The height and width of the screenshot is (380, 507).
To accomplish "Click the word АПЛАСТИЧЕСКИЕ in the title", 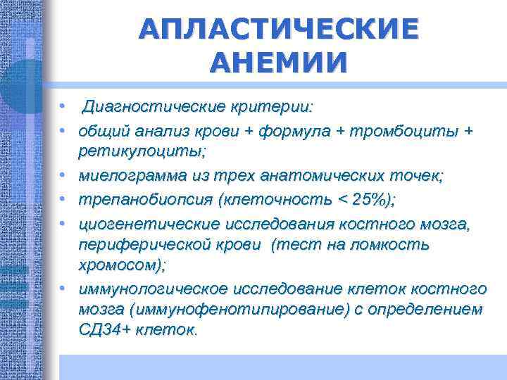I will coord(277,30).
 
